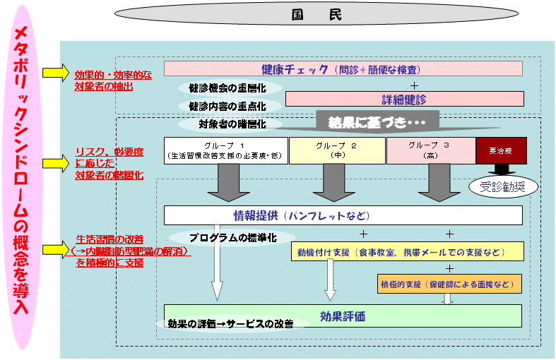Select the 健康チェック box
click(x=343, y=68)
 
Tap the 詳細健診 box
click(x=403, y=99)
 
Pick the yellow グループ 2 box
click(x=336, y=150)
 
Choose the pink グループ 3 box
click(x=430, y=150)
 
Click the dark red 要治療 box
click(x=501, y=150)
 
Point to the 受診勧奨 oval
click(x=503, y=186)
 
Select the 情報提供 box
click(x=343, y=215)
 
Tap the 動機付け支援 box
click(x=407, y=251)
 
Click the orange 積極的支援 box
click(x=449, y=284)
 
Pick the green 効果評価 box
click(x=343, y=316)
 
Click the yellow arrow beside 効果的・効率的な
click(x=54, y=73)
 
